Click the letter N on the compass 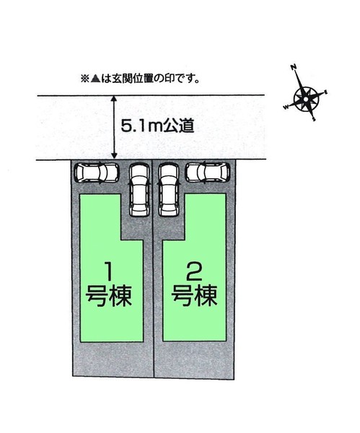(294, 67)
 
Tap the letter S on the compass (314, 119)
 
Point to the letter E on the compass (326, 92)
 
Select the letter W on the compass (286, 107)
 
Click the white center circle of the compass (306, 99)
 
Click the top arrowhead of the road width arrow (114, 99)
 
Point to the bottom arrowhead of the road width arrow (114, 155)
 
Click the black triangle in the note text (95, 79)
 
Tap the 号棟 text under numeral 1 (108, 296)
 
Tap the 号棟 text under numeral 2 (194, 296)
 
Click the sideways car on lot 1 (97, 173)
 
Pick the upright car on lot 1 (139, 190)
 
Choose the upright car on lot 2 (169, 190)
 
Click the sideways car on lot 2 (208, 172)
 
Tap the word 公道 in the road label (180, 126)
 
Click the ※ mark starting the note (84, 79)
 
